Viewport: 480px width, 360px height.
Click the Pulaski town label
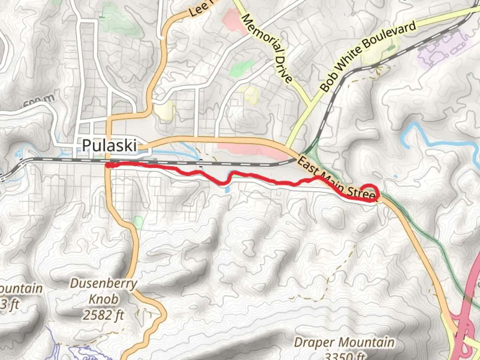[x=109, y=146]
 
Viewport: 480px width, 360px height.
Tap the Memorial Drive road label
[x=267, y=48]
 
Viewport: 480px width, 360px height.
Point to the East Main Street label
[x=337, y=180]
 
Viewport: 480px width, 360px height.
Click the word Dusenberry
[x=104, y=284]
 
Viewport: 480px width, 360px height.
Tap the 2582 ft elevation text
[x=104, y=315]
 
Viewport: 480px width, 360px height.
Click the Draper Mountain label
[x=344, y=343]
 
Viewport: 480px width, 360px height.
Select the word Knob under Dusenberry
[x=103, y=299]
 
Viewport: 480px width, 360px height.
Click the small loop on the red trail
[x=369, y=191]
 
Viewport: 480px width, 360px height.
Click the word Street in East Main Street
[x=362, y=193]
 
